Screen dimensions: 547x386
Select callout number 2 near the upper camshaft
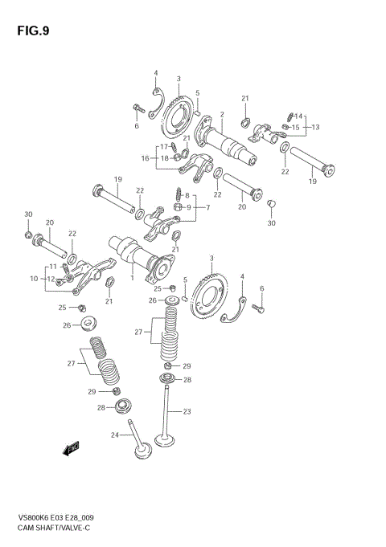click(x=221, y=115)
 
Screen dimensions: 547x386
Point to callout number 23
click(x=187, y=412)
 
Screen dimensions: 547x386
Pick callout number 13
click(x=316, y=127)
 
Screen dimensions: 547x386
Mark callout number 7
click(x=207, y=207)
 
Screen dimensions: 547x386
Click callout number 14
click(x=299, y=116)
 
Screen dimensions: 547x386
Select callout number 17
click(x=164, y=146)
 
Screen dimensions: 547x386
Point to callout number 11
click(x=53, y=266)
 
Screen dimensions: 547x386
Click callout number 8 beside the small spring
click(x=187, y=195)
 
